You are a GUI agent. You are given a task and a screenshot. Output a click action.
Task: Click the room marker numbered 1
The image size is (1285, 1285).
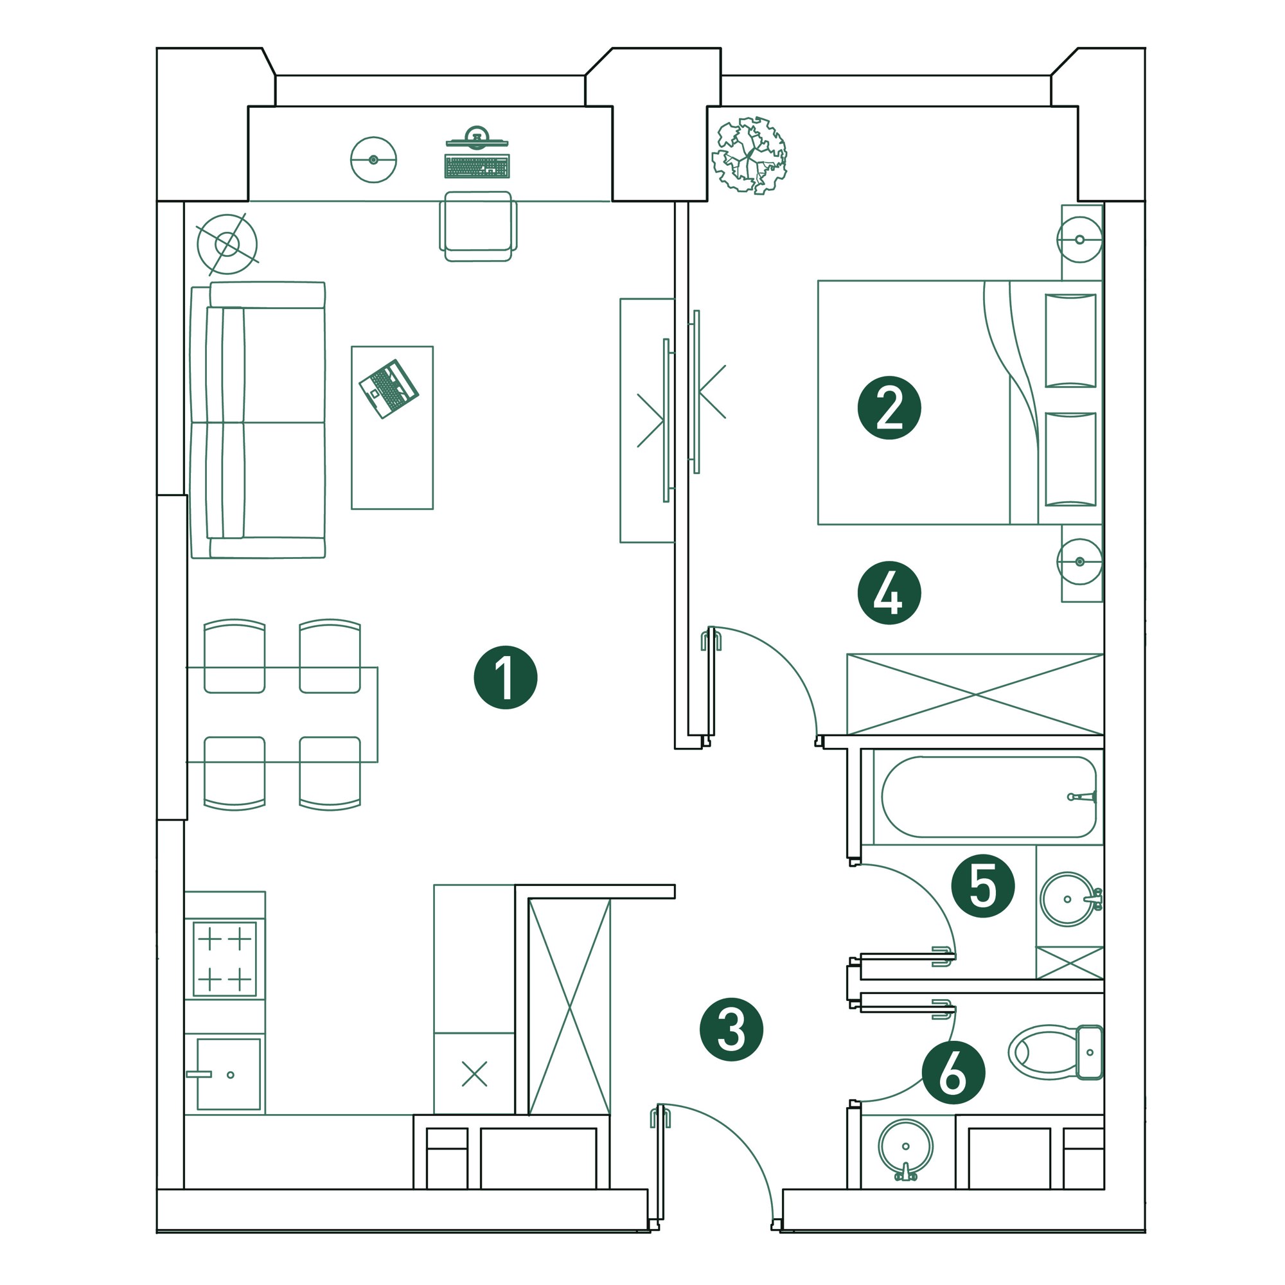coord(505,677)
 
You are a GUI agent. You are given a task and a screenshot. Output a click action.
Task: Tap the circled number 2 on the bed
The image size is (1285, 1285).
coord(889,408)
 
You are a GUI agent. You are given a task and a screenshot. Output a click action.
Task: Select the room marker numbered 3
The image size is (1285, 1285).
coord(731,1029)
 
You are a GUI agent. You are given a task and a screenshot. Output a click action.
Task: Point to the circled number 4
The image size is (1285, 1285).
coord(889,592)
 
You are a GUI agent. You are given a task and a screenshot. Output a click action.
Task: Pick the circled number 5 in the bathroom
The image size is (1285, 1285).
coord(982,886)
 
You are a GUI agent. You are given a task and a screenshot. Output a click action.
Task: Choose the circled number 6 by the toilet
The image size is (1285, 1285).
coord(953,1073)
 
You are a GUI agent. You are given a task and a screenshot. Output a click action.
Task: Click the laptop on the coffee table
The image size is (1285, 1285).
coord(389,389)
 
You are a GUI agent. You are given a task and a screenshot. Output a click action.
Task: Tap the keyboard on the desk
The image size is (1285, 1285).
coord(477,166)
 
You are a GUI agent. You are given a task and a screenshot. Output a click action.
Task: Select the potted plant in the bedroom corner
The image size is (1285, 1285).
coord(749,155)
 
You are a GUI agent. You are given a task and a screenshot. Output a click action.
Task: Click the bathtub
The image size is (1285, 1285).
coord(988,797)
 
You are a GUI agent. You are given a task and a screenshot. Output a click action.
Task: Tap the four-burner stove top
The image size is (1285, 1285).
coord(225,959)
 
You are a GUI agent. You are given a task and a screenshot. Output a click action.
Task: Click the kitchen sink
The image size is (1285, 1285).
coord(228,1074)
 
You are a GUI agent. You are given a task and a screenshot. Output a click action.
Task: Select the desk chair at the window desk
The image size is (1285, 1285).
coord(477,226)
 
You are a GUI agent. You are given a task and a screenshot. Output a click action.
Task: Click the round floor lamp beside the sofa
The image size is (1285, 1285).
coord(227,244)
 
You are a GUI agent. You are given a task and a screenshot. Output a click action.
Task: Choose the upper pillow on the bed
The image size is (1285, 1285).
coord(1070,340)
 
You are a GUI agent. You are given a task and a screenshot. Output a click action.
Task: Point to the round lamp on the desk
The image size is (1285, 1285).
coord(373,159)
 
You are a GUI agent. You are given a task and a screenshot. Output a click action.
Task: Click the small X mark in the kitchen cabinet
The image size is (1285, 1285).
coord(474,1074)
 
